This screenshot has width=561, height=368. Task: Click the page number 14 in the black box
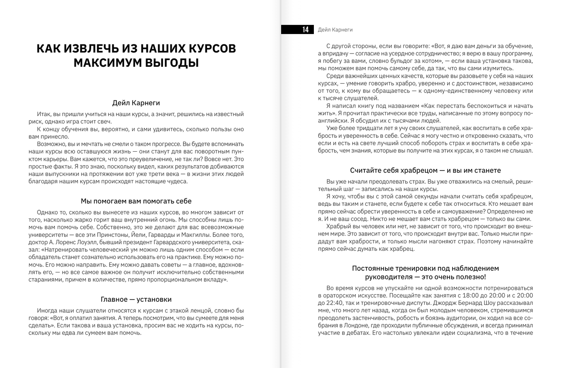305,30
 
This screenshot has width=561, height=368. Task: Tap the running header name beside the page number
335,30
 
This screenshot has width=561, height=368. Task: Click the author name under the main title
136,103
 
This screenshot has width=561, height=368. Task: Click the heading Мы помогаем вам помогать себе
136,201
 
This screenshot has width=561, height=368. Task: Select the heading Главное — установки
136,299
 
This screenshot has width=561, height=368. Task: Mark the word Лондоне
356,325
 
